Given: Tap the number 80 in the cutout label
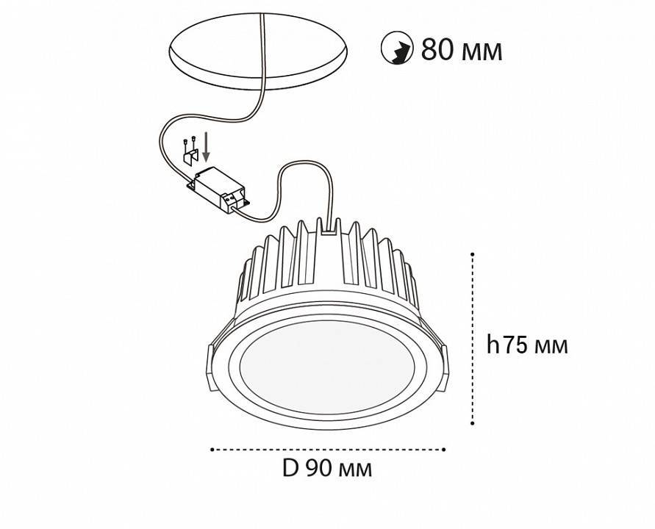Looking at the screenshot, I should pos(436,50).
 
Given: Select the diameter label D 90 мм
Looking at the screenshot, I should pos(327,468).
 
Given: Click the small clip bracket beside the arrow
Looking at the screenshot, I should pos(190,156).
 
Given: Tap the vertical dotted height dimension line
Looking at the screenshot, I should pos(473,338).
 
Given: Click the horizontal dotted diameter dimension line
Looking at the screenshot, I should pos(327,448).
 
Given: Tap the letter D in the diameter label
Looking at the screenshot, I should pos(290,468).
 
